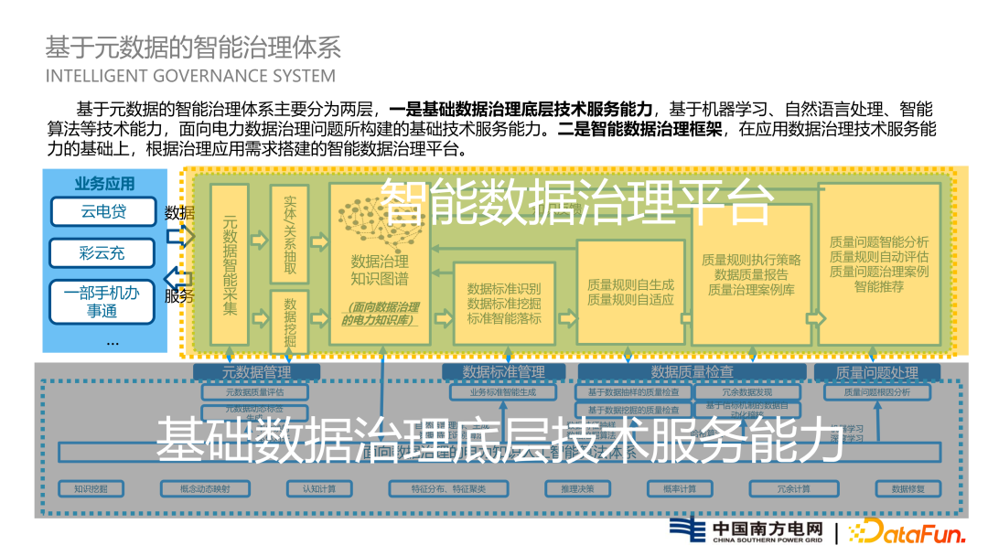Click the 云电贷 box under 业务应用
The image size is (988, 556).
pos(103,212)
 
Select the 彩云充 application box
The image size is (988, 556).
pos(103,252)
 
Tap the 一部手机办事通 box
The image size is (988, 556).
pos(103,302)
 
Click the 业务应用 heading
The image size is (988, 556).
pos(104,184)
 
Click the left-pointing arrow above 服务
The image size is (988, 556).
pos(179,278)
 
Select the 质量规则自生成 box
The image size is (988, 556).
pos(631,292)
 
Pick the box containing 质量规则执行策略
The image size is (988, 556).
pos(751,274)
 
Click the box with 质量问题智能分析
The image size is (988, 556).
pos(879,263)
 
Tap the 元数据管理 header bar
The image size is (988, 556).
pos(256,372)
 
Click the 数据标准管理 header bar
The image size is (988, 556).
pos(503,372)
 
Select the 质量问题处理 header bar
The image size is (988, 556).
pos(877,372)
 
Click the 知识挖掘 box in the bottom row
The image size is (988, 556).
pos(91,488)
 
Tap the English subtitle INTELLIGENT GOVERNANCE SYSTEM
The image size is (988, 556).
pos(190,75)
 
